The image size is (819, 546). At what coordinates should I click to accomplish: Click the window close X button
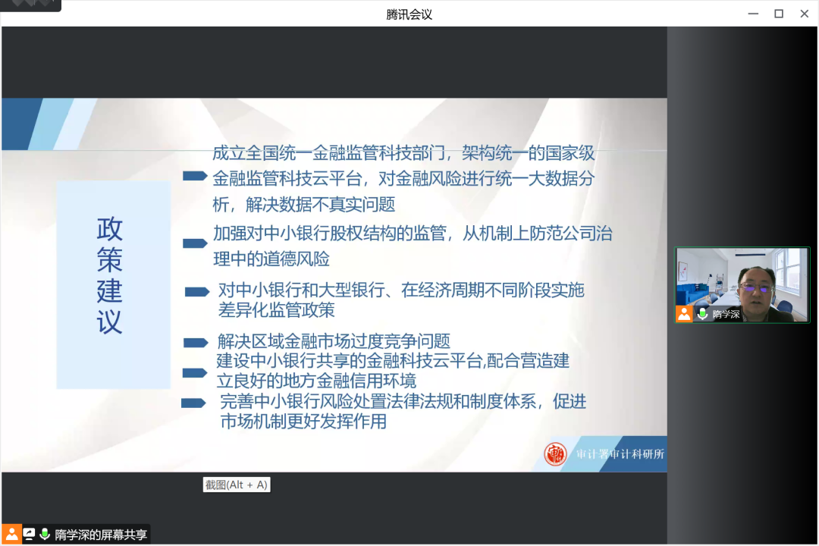coord(805,14)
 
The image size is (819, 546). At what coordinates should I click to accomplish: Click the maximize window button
coord(779,14)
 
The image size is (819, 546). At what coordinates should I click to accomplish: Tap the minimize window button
coord(753,14)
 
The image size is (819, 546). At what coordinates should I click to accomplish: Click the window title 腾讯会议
coord(409,14)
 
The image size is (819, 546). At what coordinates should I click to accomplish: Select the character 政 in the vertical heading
coord(110,229)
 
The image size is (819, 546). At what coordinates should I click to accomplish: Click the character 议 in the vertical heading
coord(110,322)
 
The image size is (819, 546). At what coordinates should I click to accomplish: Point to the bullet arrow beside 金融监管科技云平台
coord(196,176)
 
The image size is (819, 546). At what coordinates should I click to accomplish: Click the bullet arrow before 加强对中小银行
coord(196,243)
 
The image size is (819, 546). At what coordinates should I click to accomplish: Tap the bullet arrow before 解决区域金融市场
coord(196,343)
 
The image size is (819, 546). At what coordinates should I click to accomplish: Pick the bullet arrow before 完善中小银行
coord(193,403)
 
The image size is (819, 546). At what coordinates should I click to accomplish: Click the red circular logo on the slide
coord(555,453)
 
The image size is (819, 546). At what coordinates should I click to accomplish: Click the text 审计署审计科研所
coord(620,454)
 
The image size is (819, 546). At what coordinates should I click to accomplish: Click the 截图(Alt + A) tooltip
coord(237,485)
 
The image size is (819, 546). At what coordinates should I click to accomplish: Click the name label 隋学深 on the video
coord(726,314)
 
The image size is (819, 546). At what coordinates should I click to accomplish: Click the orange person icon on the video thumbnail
coord(684,313)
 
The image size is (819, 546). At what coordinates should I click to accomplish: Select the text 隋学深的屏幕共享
coord(101,535)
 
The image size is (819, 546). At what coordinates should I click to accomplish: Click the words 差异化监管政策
coord(276,310)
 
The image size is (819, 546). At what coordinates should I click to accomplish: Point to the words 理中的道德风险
coord(271,259)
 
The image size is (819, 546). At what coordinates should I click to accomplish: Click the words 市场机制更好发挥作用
coord(303,421)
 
